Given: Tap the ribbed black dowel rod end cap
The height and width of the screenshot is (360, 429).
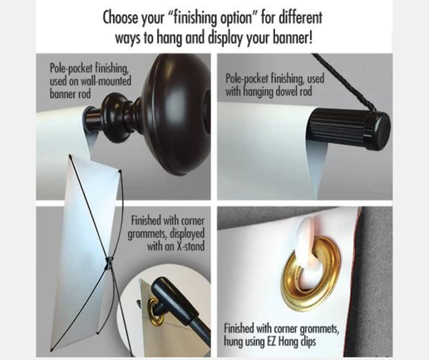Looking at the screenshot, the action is coord(349,129).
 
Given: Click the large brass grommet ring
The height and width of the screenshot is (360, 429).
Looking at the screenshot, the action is coord(313,278).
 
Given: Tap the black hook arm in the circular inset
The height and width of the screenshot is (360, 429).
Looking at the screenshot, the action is coord(177,301).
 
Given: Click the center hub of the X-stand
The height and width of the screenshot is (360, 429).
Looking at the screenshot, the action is coord(108,263).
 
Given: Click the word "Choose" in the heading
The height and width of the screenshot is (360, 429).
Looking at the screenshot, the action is coord(120,17).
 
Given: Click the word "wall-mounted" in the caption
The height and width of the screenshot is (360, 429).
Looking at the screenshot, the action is coord(106,81).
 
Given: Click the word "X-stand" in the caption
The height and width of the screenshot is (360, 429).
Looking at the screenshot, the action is coord(190,246).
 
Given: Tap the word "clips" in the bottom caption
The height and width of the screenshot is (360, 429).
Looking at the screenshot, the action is coord(308,342).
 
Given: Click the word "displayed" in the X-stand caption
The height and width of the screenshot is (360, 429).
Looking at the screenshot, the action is coord(187,234).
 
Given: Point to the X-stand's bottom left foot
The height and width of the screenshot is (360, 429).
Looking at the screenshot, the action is coord(52,350).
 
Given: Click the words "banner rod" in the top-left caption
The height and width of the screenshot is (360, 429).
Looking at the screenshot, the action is coord(70,93).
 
